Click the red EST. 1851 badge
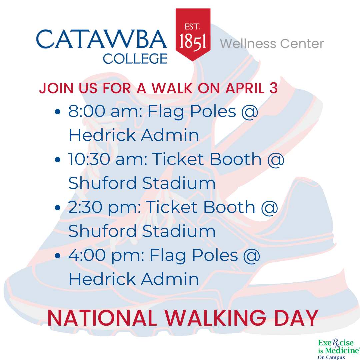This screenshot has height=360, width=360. (x=193, y=34)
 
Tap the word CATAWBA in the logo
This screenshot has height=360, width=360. (x=101, y=39)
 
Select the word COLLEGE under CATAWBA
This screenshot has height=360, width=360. (x=135, y=59)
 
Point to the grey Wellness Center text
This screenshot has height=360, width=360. (x=272, y=44)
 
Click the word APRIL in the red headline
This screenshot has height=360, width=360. (x=245, y=88)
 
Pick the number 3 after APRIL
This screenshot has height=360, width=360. (x=273, y=88)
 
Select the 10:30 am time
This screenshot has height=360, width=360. (x=108, y=159)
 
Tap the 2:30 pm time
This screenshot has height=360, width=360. (x=104, y=207)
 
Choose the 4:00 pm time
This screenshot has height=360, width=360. (x=106, y=255)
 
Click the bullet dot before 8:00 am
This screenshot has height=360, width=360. (x=58, y=112)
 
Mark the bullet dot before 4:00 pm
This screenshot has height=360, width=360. (x=58, y=255)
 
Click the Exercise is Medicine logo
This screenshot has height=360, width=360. (x=338, y=349)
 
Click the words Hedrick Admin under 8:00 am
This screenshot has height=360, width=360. (x=134, y=135)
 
